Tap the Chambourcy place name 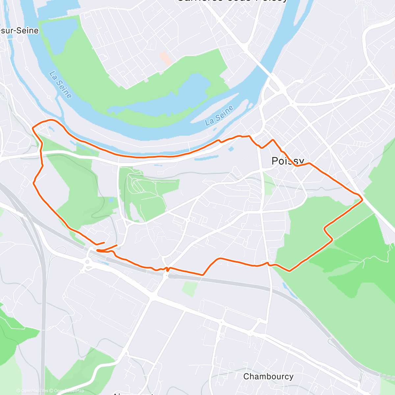(x=268, y=376)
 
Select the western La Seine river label (x=60, y=85)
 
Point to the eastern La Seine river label (x=219, y=116)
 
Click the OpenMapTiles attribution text (x=32, y=391)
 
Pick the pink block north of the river (x=166, y=58)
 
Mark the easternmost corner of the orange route (x=362, y=199)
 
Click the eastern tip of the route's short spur (x=117, y=245)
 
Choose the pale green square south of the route (x=190, y=288)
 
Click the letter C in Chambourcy (x=246, y=376)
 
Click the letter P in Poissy (x=275, y=161)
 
